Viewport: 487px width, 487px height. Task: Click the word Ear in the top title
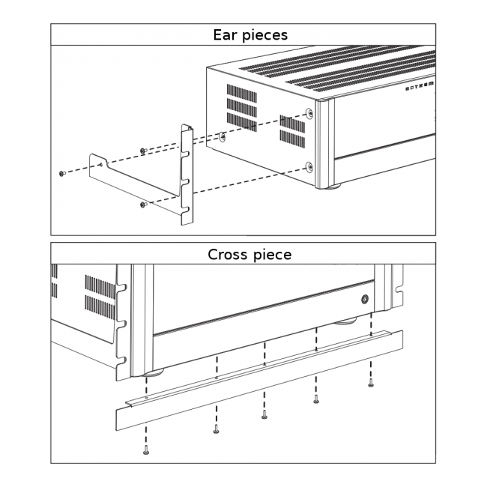click(x=226, y=34)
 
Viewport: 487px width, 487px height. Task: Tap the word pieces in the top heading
click(x=263, y=35)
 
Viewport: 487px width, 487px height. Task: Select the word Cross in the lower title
click(x=228, y=254)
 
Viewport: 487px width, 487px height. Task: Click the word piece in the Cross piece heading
click(x=272, y=255)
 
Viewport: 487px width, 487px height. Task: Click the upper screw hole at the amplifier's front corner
click(x=310, y=114)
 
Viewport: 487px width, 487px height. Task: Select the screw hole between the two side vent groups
click(x=223, y=137)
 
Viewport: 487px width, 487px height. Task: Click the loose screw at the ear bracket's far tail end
click(x=62, y=173)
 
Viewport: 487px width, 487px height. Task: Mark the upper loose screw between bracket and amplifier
click(x=142, y=151)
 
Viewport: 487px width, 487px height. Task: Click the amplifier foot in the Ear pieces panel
click(x=332, y=185)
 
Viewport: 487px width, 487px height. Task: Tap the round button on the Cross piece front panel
click(x=364, y=299)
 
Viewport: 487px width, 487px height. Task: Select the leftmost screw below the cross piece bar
click(x=145, y=450)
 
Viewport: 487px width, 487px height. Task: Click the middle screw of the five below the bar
click(x=264, y=415)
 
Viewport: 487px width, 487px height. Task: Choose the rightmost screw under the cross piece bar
click(x=370, y=383)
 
